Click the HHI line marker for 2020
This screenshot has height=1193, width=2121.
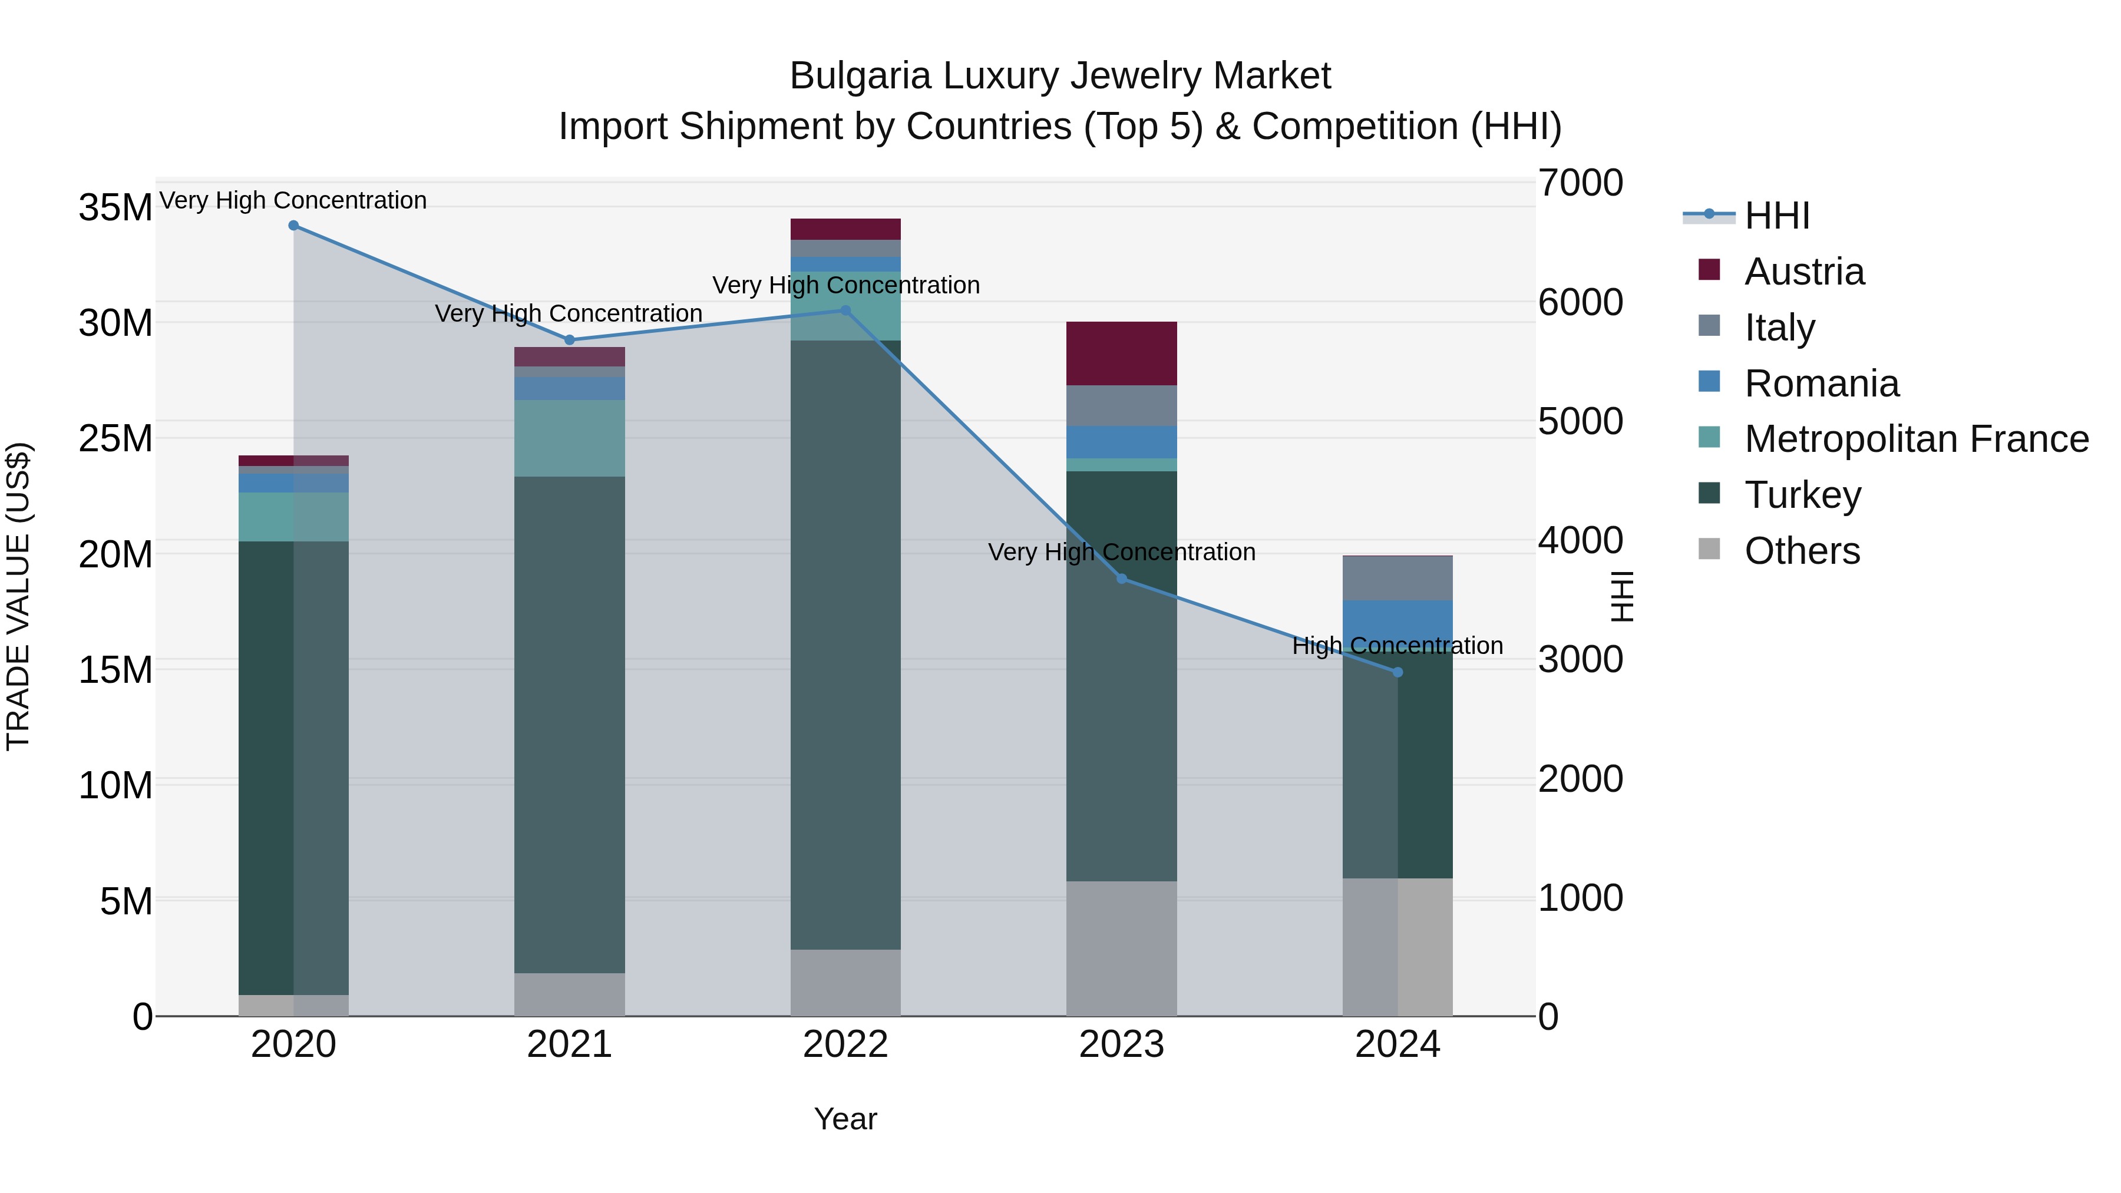(x=293, y=226)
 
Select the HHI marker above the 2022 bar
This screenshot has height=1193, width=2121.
(x=845, y=310)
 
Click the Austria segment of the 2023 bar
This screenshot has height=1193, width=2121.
(x=1121, y=353)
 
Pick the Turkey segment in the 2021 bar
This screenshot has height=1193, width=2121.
(x=569, y=725)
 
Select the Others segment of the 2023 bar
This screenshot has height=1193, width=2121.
(x=1121, y=949)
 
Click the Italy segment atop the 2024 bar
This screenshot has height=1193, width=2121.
(x=1398, y=578)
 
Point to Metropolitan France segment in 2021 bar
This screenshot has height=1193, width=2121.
(x=569, y=438)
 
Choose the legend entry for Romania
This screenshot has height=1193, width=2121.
(x=1821, y=384)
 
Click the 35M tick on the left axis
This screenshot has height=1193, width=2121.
(x=115, y=207)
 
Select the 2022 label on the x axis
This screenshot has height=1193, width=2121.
(x=845, y=1045)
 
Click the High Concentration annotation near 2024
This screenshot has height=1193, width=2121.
(x=1398, y=646)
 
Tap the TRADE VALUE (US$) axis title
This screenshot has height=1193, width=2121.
(x=18, y=596)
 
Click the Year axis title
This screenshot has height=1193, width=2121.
(x=845, y=1119)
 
